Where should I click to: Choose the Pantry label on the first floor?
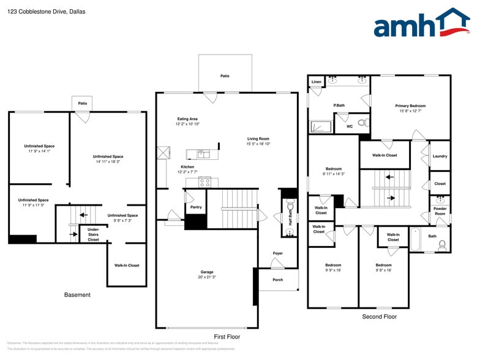(x=195, y=207)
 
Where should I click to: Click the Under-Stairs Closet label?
(x=93, y=234)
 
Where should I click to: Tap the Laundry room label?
(x=440, y=156)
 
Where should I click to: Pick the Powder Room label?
(x=440, y=211)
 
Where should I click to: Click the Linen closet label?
(x=316, y=81)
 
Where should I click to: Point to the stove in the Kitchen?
(x=205, y=181)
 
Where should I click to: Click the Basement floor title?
(x=77, y=295)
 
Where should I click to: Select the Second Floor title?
(x=379, y=317)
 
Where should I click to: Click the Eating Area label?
(x=187, y=119)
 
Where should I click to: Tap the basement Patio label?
(x=82, y=103)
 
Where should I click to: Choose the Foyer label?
(x=278, y=253)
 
